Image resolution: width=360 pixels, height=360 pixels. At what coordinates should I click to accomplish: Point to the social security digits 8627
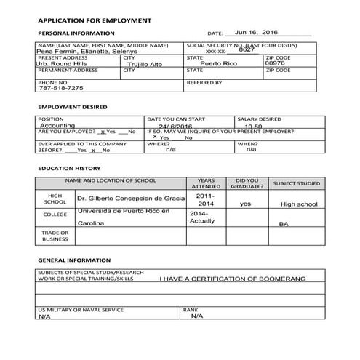(247, 49)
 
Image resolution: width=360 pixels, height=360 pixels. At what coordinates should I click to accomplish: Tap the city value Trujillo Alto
(148, 65)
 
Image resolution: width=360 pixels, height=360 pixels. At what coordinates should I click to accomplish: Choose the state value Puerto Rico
(219, 64)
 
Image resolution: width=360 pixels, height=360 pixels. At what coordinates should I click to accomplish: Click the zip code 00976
(276, 63)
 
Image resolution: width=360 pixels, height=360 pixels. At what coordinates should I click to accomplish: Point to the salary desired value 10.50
(253, 126)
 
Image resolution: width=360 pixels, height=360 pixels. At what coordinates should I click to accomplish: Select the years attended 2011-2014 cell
(205, 200)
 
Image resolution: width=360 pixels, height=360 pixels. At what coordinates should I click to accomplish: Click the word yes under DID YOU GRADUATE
(245, 204)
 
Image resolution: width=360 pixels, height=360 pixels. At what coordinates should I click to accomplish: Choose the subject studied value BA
(284, 224)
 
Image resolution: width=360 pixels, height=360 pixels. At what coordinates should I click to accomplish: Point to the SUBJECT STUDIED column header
(295, 183)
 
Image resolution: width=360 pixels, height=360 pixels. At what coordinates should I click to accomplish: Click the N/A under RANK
(196, 316)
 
